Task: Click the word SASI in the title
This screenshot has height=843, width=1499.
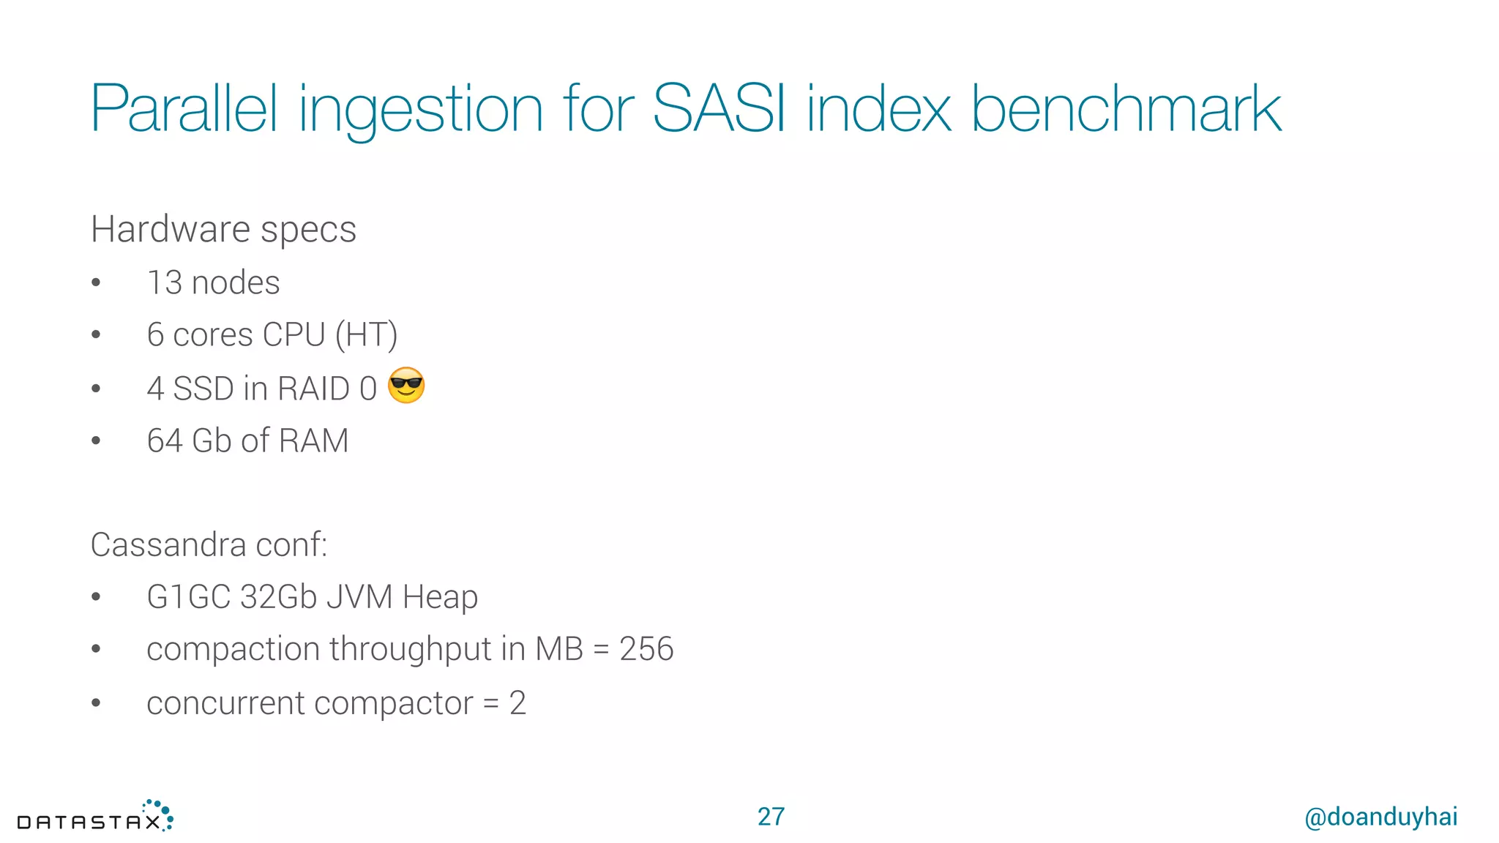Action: [x=718, y=109]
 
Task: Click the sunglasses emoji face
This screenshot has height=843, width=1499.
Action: [x=406, y=386]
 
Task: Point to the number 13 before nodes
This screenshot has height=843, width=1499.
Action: [x=165, y=282]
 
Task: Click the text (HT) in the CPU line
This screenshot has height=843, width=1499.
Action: [x=366, y=335]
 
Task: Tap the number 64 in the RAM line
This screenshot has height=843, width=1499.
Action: [x=165, y=441]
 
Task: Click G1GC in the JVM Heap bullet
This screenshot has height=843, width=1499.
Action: [x=188, y=596]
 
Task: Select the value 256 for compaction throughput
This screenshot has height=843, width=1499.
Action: [x=646, y=649]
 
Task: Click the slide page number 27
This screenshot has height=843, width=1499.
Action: [x=771, y=817]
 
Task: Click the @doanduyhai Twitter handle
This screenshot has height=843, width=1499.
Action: [x=1380, y=817]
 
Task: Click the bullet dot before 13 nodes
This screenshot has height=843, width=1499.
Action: [x=96, y=283]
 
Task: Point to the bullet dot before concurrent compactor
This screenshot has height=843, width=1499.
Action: [x=96, y=703]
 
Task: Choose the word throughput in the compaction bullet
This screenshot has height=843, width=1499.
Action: [x=411, y=650]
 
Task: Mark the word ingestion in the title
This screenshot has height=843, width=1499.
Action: [x=421, y=109]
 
